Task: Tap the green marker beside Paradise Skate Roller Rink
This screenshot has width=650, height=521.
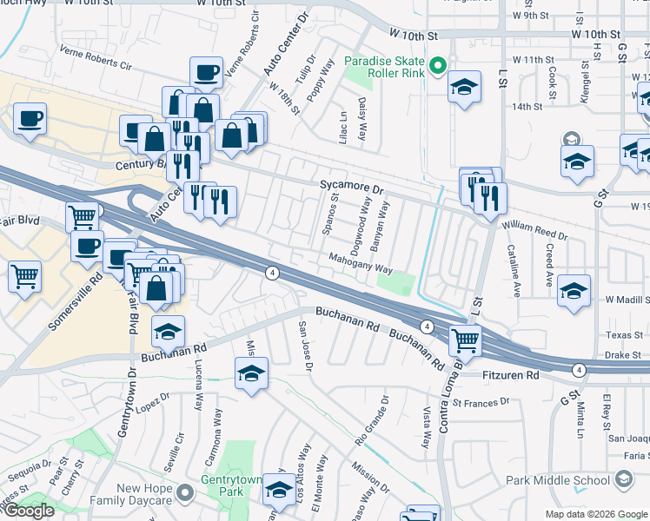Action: pyautogui.click(x=439, y=66)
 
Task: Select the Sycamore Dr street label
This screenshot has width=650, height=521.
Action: pyautogui.click(x=351, y=187)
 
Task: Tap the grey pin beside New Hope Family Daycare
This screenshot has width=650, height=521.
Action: pyautogui.click(x=184, y=494)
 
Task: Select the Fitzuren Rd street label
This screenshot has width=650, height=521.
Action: pyautogui.click(x=510, y=375)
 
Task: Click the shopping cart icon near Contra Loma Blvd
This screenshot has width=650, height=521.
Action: pyautogui.click(x=466, y=340)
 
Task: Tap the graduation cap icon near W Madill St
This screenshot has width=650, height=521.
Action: pyautogui.click(x=574, y=290)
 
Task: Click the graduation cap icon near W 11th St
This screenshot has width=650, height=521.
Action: pyautogui.click(x=465, y=87)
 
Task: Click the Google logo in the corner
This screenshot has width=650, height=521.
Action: pyautogui.click(x=29, y=511)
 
